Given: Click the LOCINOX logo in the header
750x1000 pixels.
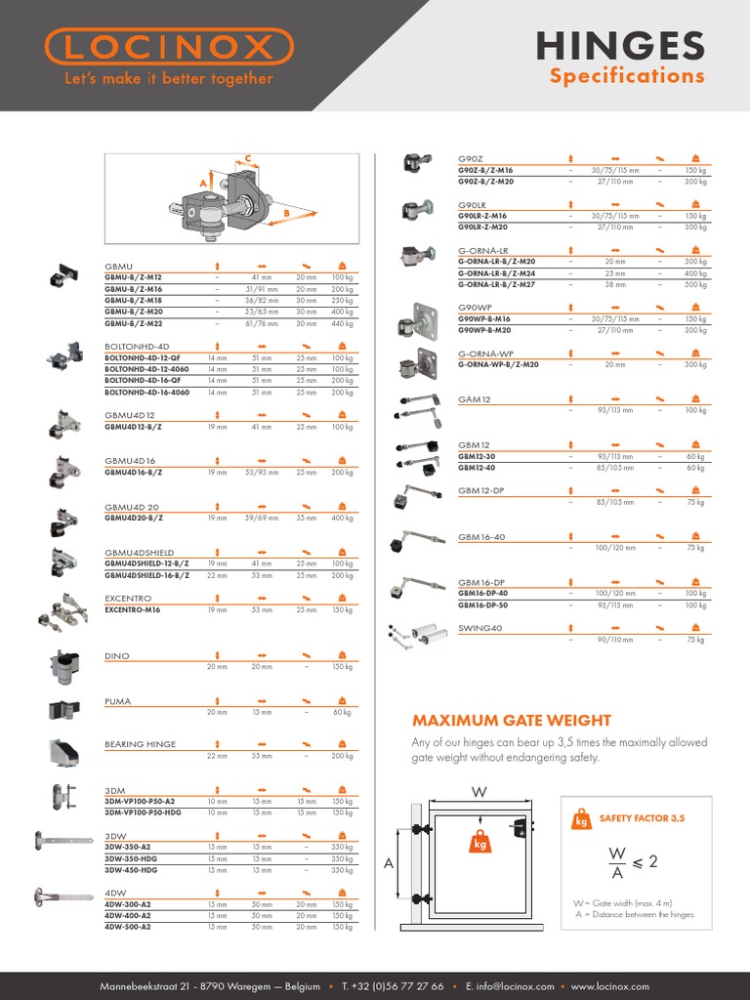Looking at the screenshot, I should click(x=169, y=47).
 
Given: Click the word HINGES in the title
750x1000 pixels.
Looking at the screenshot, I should click(x=619, y=46).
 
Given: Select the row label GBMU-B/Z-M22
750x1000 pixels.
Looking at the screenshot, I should click(x=134, y=323).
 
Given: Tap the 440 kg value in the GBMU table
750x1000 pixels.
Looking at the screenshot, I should click(x=342, y=323).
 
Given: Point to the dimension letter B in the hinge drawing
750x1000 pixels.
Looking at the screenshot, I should click(x=286, y=212).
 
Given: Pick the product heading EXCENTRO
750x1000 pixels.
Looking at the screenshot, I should click(x=128, y=598).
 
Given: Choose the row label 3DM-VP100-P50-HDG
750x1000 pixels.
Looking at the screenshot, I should click(x=143, y=812).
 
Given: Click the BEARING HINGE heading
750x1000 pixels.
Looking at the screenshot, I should click(x=141, y=744).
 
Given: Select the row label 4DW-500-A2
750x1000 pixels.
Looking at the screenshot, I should click(x=128, y=927).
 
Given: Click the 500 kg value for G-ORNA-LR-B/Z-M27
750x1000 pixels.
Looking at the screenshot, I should click(x=694, y=284).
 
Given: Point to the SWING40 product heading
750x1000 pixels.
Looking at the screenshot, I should click(x=480, y=628).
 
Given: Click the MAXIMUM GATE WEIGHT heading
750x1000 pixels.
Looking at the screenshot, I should click(x=512, y=721).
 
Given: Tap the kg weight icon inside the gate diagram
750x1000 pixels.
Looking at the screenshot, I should click(x=480, y=841).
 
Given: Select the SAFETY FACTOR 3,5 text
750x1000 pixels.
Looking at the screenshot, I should click(x=642, y=817).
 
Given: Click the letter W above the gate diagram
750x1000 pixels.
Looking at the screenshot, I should click(x=479, y=792).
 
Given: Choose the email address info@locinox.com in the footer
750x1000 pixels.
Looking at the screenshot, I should click(x=517, y=986).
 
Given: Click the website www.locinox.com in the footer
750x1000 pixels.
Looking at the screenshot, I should click(x=609, y=986).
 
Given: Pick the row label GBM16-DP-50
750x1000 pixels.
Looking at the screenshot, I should click(x=483, y=605).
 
